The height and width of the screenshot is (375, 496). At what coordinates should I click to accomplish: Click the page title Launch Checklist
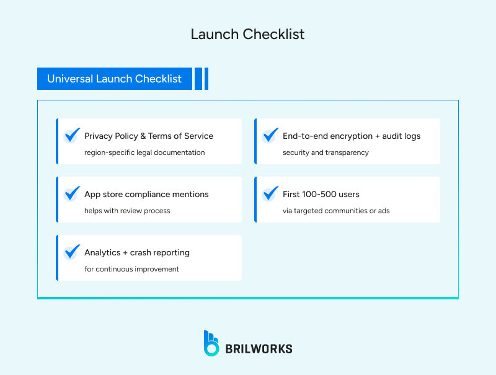point(247,34)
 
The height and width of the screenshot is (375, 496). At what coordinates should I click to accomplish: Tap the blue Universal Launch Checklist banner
point(115,79)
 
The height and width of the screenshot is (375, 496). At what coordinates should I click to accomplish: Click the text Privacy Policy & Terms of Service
point(149,136)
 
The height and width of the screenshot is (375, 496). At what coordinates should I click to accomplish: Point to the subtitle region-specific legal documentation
point(144,152)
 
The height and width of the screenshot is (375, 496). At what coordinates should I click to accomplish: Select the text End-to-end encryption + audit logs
point(352,136)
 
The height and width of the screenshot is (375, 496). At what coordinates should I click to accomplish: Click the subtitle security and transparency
point(325,152)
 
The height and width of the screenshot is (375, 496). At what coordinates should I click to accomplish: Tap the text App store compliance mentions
point(146,194)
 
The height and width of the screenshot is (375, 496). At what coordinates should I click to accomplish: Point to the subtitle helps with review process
point(127,211)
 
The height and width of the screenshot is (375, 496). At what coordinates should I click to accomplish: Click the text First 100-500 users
point(321,194)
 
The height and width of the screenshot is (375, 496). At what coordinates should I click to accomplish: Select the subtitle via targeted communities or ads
point(336,211)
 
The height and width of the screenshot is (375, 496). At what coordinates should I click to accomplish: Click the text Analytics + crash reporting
point(137,252)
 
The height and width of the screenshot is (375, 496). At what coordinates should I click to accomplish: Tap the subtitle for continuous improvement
point(131,269)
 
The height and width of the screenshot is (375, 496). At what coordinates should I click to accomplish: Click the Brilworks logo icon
point(211,343)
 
